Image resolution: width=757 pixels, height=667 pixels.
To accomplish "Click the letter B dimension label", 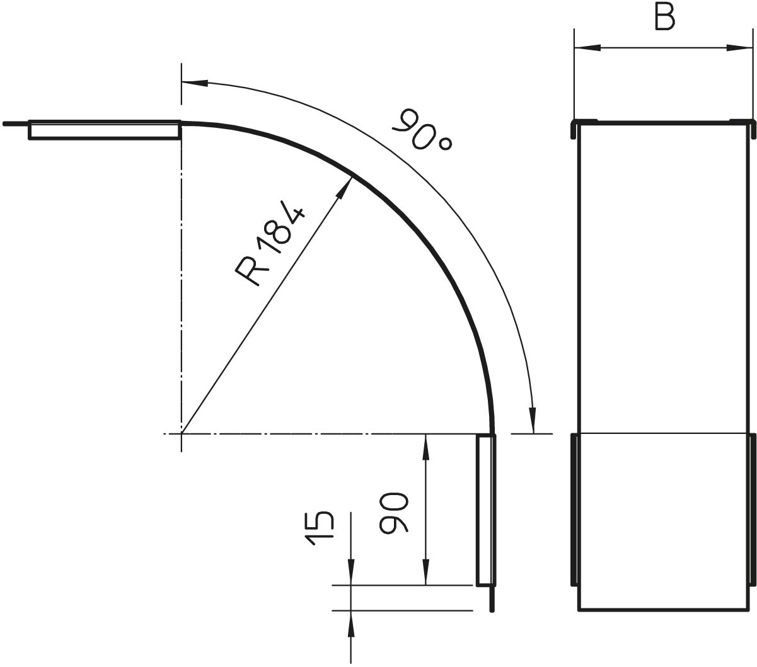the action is point(665,18).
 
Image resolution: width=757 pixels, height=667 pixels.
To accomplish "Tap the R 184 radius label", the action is point(270,244).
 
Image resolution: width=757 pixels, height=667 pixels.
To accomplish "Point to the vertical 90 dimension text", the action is point(393,513).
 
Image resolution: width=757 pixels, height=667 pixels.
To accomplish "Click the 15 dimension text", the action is point(320,528).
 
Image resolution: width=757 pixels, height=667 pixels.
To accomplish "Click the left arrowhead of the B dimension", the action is point(587,48).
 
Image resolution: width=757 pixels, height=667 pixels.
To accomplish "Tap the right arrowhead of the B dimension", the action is point(739,48).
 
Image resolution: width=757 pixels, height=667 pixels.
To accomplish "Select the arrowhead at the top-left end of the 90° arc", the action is point(195,83).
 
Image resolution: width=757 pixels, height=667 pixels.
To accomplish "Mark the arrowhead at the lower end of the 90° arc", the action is point(533,420).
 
